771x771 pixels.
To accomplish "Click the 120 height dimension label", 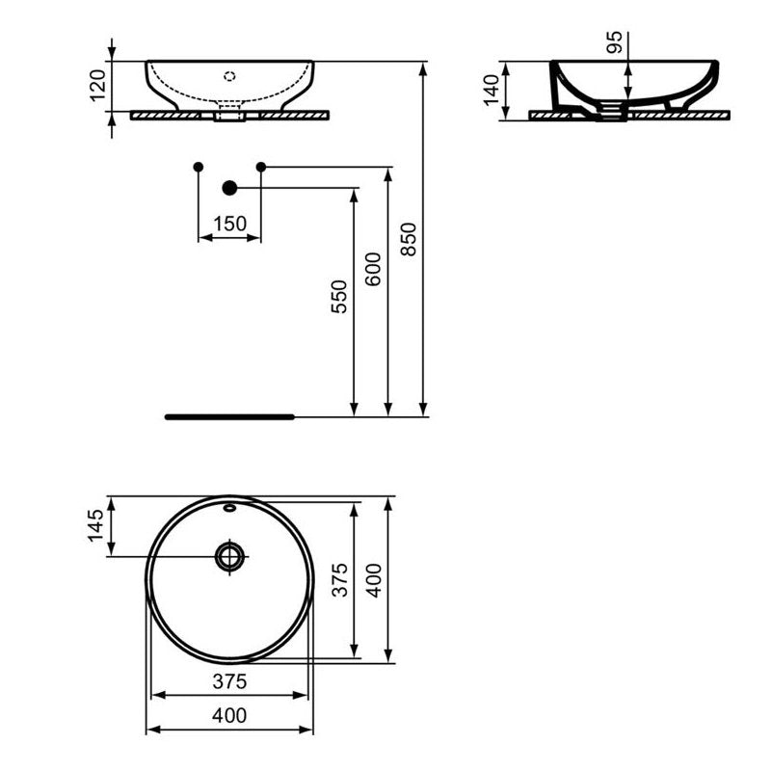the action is (98, 86).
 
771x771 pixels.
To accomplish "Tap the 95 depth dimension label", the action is (615, 41).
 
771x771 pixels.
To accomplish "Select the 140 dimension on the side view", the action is (492, 90).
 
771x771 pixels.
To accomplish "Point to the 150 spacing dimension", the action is (229, 224).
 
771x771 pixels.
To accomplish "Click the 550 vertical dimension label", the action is (339, 297).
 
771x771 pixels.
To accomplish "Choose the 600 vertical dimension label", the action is (373, 270).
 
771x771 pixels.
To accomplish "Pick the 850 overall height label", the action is (408, 239).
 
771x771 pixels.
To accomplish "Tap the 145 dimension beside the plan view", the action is (95, 525).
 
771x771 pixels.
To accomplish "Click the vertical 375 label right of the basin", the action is (339, 580).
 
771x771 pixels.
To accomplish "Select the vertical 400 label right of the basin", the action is (374, 581).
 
